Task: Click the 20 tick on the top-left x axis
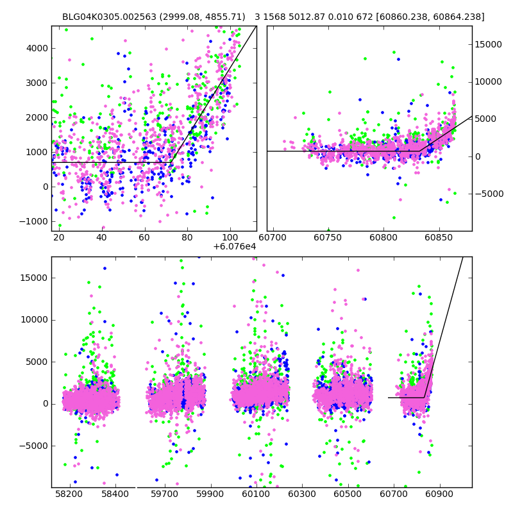[59, 231]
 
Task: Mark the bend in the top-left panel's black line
[172, 163]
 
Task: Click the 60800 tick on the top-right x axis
[383, 231]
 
